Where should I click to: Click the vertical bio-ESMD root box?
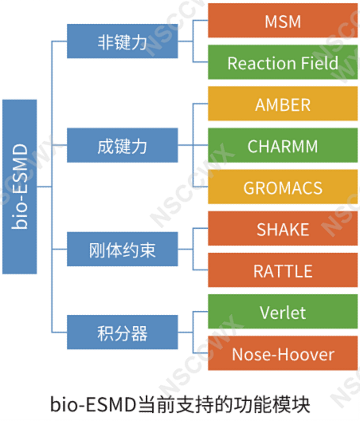[20, 187]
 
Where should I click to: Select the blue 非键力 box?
[123, 41]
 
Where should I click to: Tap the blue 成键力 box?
[123, 145]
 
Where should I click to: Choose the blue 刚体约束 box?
[123, 249]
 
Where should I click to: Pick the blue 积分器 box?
[123, 332]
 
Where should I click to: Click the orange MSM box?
[283, 21]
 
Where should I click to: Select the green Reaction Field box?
[283, 62]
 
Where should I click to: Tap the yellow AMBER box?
[283, 104]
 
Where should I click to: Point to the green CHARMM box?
[283, 145]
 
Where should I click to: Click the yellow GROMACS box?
[283, 187]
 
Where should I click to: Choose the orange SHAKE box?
[283, 228]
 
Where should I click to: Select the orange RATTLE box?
[283, 270]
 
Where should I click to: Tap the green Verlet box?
[283, 312]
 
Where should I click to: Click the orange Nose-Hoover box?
[283, 353]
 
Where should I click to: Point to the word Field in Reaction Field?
[319, 63]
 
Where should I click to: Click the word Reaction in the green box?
[262, 63]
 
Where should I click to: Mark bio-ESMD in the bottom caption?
[94, 404]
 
